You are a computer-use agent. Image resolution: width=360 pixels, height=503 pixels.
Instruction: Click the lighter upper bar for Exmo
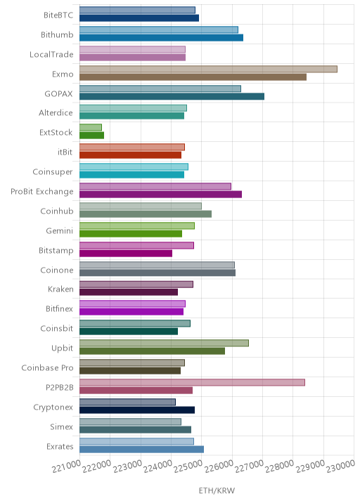pos(208,69)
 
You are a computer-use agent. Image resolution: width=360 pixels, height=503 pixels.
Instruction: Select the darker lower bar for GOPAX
pos(172,96)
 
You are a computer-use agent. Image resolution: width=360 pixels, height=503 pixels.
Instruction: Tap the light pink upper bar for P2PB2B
pos(193,382)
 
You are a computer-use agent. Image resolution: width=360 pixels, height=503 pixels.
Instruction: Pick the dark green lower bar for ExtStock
pos(92,136)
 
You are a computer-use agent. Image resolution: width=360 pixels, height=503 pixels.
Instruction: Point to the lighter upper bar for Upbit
pos(164,343)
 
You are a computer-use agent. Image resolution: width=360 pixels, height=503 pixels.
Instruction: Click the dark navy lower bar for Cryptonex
pos(137,410)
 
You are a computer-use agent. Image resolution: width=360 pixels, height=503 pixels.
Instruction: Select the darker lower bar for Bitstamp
pos(126,254)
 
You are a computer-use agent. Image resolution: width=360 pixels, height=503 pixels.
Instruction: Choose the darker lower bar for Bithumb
pos(161,37)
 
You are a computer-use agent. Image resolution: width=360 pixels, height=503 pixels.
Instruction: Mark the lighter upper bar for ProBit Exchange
pos(155,186)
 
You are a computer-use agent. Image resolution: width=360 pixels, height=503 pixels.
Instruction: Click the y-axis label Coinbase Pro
pos(47,367)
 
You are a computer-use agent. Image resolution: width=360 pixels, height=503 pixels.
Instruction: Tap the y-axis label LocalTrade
pos(51,55)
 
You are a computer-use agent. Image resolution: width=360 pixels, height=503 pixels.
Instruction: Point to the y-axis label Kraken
pos(60,289)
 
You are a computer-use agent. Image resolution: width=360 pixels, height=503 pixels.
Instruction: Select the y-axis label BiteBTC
pos(58,15)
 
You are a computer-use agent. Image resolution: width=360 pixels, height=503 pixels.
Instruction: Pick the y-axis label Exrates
pos(60,447)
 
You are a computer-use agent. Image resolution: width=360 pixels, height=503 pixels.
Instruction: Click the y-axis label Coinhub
pos(57,211)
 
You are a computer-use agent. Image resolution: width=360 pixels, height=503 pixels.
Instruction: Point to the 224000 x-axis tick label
pos(158,466)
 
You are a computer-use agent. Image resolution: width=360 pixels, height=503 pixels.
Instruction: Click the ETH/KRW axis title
pos(217,490)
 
